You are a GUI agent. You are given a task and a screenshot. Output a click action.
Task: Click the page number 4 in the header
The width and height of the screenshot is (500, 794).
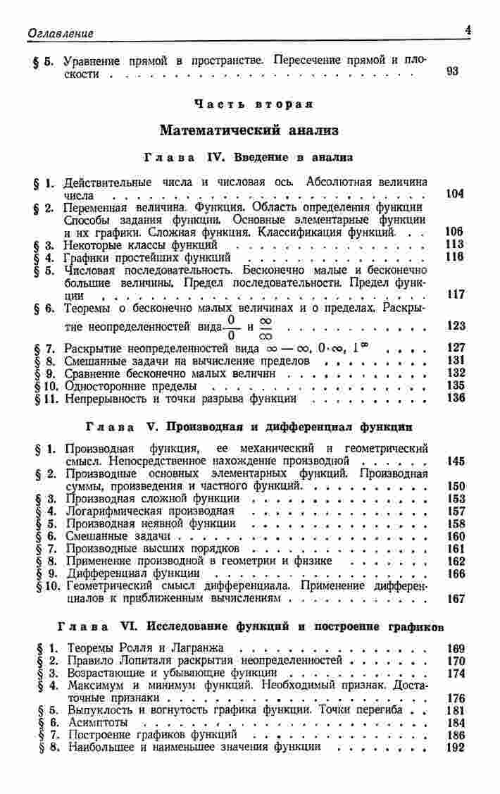click(x=468, y=30)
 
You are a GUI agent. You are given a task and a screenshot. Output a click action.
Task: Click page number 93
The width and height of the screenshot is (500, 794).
click(x=454, y=72)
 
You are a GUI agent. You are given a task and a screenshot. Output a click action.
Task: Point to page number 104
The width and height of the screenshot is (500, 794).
click(x=455, y=193)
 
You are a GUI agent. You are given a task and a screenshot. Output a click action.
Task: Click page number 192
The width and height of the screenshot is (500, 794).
click(x=456, y=747)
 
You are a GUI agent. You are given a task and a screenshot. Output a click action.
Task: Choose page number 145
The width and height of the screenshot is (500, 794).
click(x=456, y=461)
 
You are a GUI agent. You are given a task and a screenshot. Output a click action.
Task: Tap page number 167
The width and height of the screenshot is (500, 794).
click(x=456, y=600)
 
